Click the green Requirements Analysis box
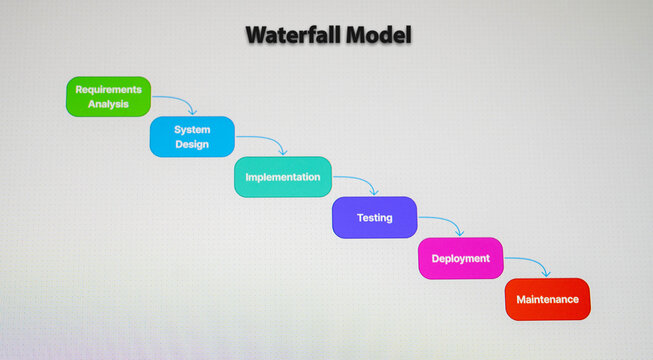tap(109, 96)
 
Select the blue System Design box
tap(192, 137)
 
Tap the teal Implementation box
tap(282, 177)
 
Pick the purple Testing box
tap(374, 217)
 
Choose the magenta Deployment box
tap(460, 258)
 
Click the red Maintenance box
tap(547, 299)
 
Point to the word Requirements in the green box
tap(109, 89)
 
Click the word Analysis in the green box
tap(109, 104)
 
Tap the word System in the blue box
tap(192, 130)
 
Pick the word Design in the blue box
tap(192, 145)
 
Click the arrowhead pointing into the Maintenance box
tap(546, 272)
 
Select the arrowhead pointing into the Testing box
tap(374, 191)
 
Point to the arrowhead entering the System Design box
tap(192, 111)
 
